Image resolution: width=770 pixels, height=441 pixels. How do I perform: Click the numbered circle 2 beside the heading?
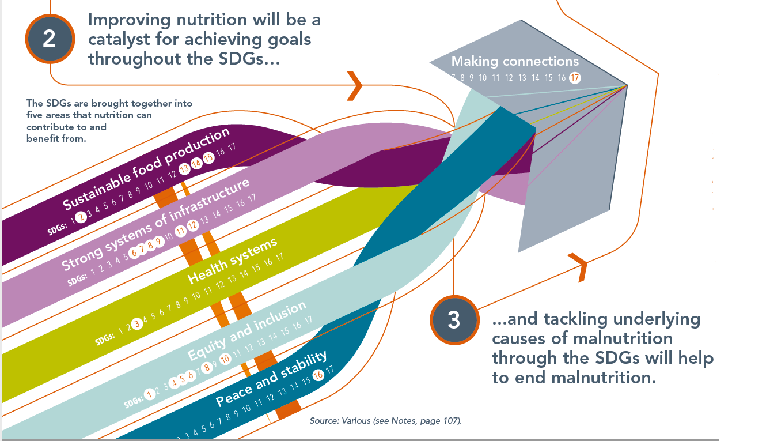point(50,39)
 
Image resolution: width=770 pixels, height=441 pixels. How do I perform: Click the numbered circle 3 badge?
point(454,321)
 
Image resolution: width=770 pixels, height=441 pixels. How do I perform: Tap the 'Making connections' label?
point(514,61)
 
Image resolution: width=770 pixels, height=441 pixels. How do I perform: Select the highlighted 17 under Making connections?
point(574,78)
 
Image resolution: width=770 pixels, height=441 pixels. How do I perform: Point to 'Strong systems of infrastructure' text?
point(155,224)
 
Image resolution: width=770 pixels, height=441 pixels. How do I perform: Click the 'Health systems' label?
point(232,262)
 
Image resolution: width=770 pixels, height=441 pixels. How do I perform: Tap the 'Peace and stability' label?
point(271,379)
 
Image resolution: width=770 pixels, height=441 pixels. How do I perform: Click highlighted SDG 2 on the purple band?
point(81,216)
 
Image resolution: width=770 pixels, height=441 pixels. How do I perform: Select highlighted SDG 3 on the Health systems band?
point(136,323)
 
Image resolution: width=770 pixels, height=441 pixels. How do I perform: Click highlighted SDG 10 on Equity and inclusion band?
point(225,358)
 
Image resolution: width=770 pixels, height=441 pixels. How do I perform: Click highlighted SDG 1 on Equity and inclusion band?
point(150,395)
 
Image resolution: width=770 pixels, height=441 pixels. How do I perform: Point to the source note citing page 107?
point(385,421)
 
